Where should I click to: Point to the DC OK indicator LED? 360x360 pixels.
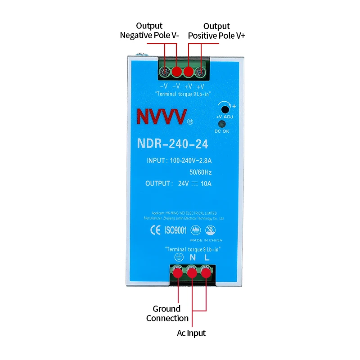point(222,124)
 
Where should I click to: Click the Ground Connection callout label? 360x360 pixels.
point(167,313)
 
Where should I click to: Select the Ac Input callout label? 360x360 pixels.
point(191,333)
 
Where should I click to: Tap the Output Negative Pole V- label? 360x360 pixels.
point(149,31)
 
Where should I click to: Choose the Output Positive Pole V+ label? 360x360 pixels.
point(216,31)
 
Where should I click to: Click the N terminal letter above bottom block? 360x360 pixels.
point(192,258)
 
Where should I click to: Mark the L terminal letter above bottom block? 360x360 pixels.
point(207,258)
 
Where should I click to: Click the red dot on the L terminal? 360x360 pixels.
point(206,272)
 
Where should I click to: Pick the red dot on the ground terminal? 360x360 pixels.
point(178,272)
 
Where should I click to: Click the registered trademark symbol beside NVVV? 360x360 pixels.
point(190,121)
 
